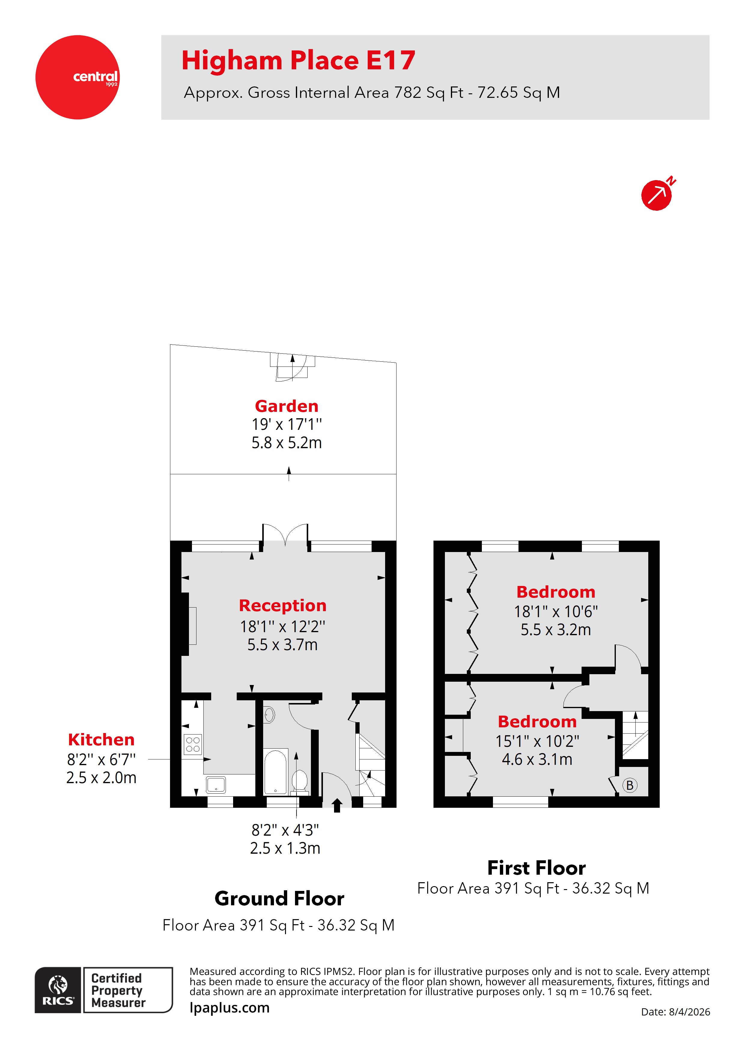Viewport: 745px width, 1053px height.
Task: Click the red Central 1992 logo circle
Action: [77, 77]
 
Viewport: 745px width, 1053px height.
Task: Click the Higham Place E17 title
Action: [298, 61]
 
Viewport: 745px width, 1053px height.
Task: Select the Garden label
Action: [286, 406]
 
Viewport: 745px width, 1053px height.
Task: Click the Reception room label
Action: [282, 605]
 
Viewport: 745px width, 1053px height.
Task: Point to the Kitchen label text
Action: [101, 739]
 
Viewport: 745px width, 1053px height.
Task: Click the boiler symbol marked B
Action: [630, 785]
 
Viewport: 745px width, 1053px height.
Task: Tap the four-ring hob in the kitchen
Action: [193, 744]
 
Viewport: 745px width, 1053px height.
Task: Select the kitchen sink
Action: [216, 784]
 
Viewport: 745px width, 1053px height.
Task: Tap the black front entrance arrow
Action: [337, 805]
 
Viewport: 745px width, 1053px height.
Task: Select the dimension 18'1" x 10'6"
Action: [555, 611]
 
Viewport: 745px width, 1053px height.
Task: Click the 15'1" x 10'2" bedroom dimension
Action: [537, 741]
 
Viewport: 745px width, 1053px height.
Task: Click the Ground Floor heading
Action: [279, 898]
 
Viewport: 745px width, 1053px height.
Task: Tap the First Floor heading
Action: [536, 868]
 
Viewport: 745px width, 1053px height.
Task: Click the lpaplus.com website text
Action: [230, 1008]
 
